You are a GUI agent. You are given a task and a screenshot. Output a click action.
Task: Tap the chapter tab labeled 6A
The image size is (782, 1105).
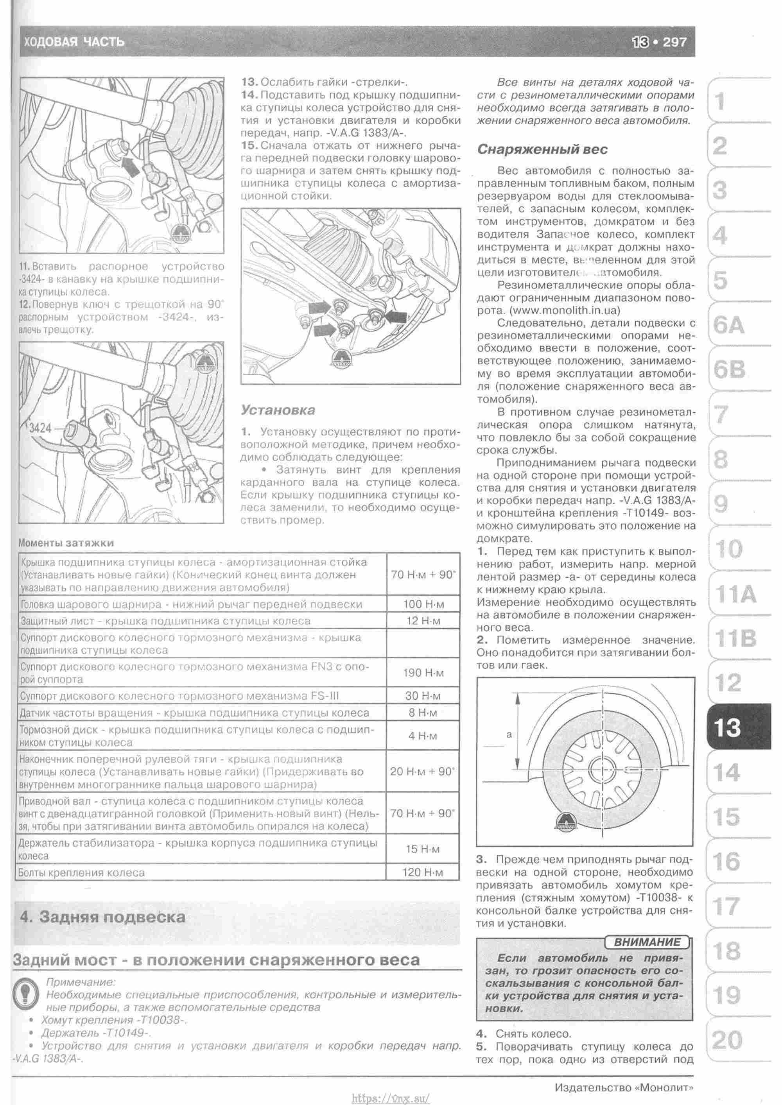pos(728,326)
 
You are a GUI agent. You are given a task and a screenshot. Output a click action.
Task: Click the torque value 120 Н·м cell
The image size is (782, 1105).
pos(422,872)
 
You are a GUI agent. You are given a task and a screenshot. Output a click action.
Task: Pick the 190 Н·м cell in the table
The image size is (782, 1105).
pos(422,673)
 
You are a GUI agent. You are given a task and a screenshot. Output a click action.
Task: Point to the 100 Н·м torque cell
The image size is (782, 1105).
pos(422,604)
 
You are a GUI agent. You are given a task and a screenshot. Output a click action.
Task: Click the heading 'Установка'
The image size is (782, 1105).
pos(278,410)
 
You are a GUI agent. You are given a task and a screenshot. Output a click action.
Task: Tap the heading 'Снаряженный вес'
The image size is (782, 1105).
pos(542,149)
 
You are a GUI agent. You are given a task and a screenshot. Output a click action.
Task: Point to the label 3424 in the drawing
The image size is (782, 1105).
pos(40,428)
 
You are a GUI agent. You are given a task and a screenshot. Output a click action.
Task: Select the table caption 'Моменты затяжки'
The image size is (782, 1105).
pos(66,543)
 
